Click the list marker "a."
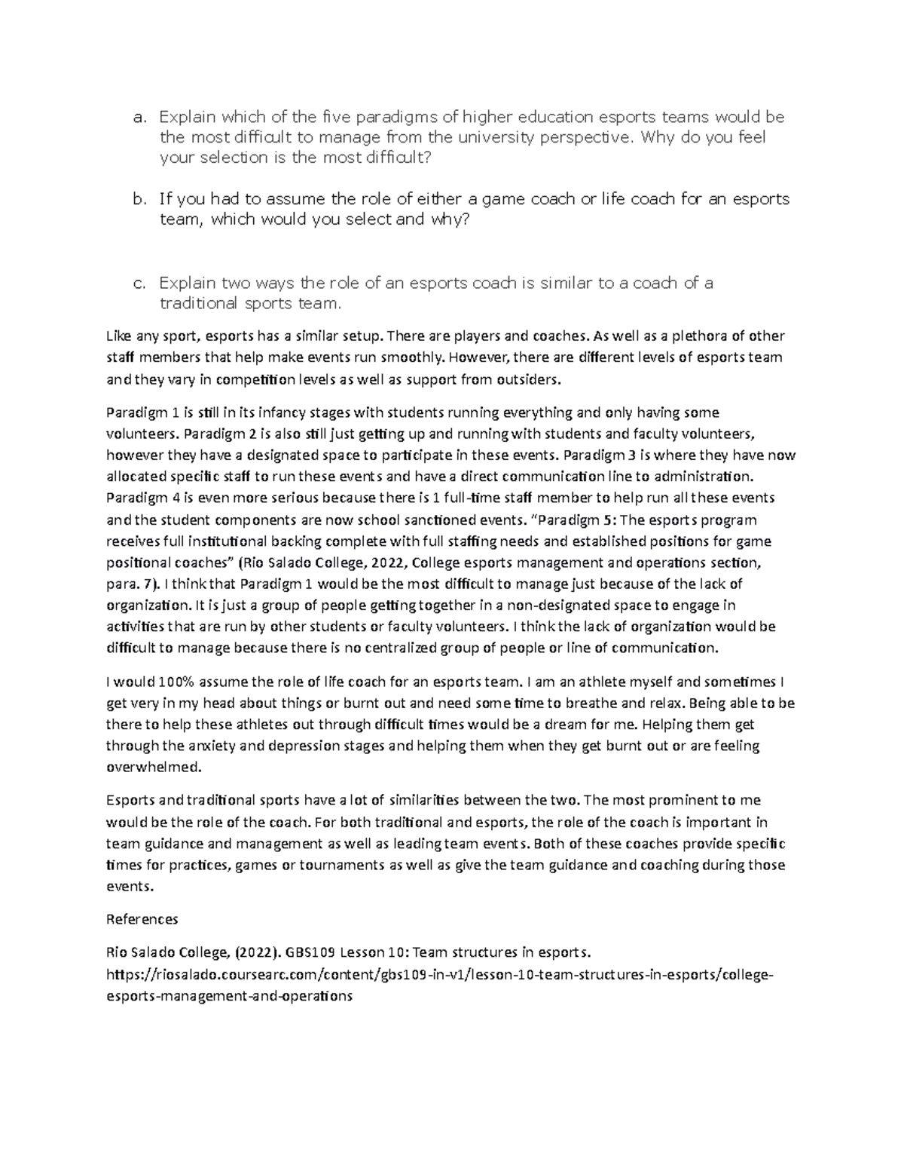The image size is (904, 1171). [x=138, y=118]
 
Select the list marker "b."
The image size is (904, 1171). [x=138, y=200]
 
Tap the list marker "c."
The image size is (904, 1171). [x=138, y=284]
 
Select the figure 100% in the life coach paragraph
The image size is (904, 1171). [x=177, y=682]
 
